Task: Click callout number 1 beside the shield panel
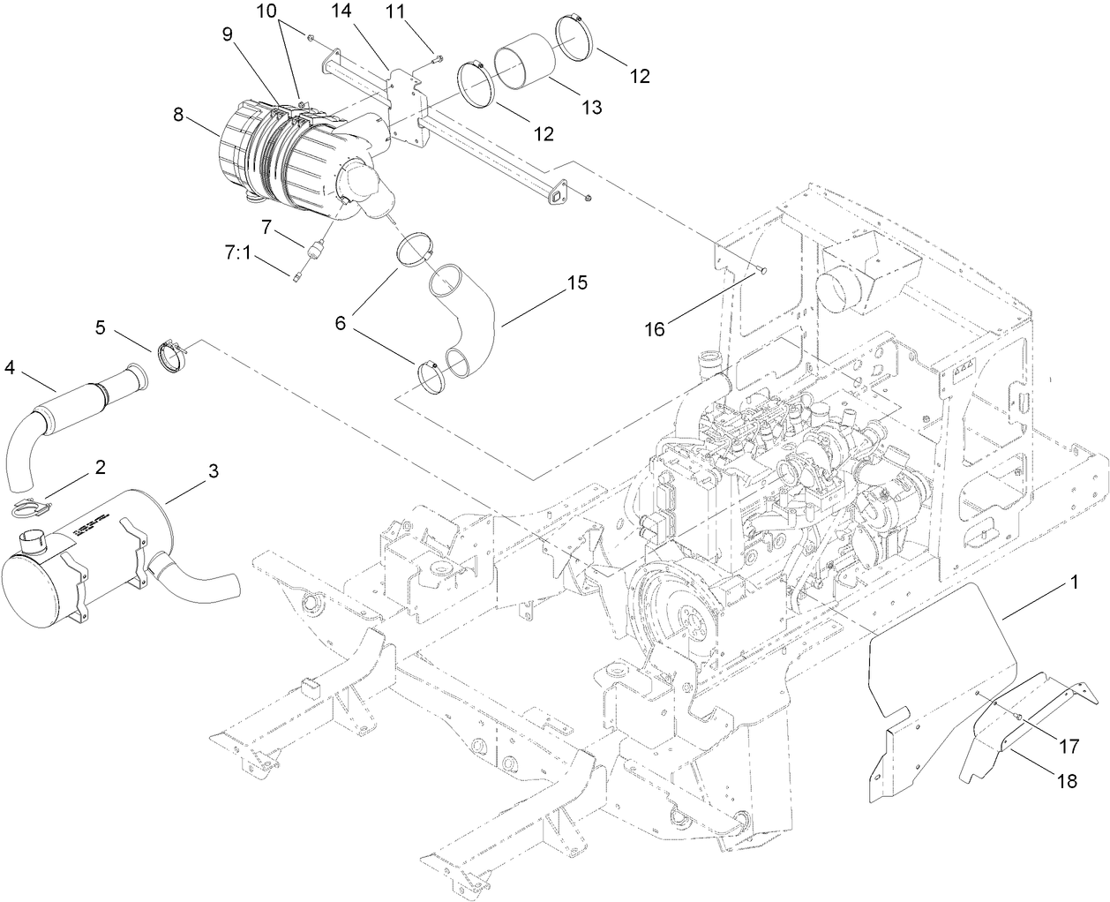[x=1075, y=583]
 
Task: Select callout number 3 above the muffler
[x=212, y=471]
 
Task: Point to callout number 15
[x=576, y=284]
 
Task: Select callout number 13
[x=591, y=107]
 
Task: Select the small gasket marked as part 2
[x=35, y=507]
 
